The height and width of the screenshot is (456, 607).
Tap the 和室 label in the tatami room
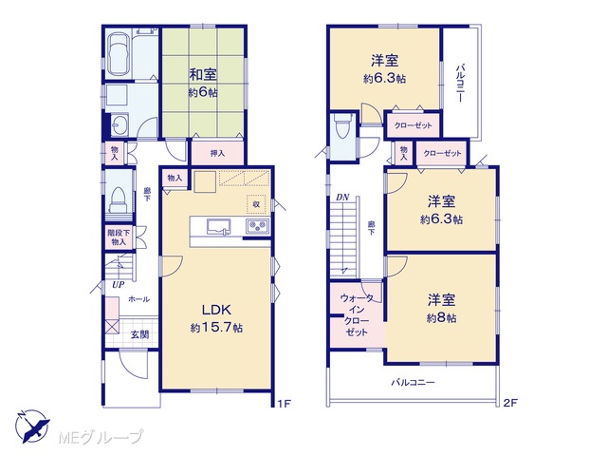[203, 74]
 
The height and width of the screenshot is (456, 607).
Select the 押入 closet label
[217, 154]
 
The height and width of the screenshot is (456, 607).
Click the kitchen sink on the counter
[219, 227]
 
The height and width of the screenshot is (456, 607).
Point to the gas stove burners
[258, 226]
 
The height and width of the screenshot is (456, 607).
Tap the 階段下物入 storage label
[119, 237]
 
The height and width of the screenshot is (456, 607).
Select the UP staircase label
[118, 285]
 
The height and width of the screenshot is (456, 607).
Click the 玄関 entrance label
[139, 334]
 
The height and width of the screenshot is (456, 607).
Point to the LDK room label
[217, 310]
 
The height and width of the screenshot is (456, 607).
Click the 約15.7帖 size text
[217, 328]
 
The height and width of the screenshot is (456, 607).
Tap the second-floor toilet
[342, 125]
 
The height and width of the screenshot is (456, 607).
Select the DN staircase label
[342, 198]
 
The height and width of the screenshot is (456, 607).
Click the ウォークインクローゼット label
[357, 314]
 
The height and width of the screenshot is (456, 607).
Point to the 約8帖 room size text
[442, 318]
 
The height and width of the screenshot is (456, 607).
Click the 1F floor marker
[285, 404]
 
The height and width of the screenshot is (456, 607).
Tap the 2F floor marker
[510, 403]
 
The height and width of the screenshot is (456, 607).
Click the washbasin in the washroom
[120, 124]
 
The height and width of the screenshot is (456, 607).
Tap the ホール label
[139, 299]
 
